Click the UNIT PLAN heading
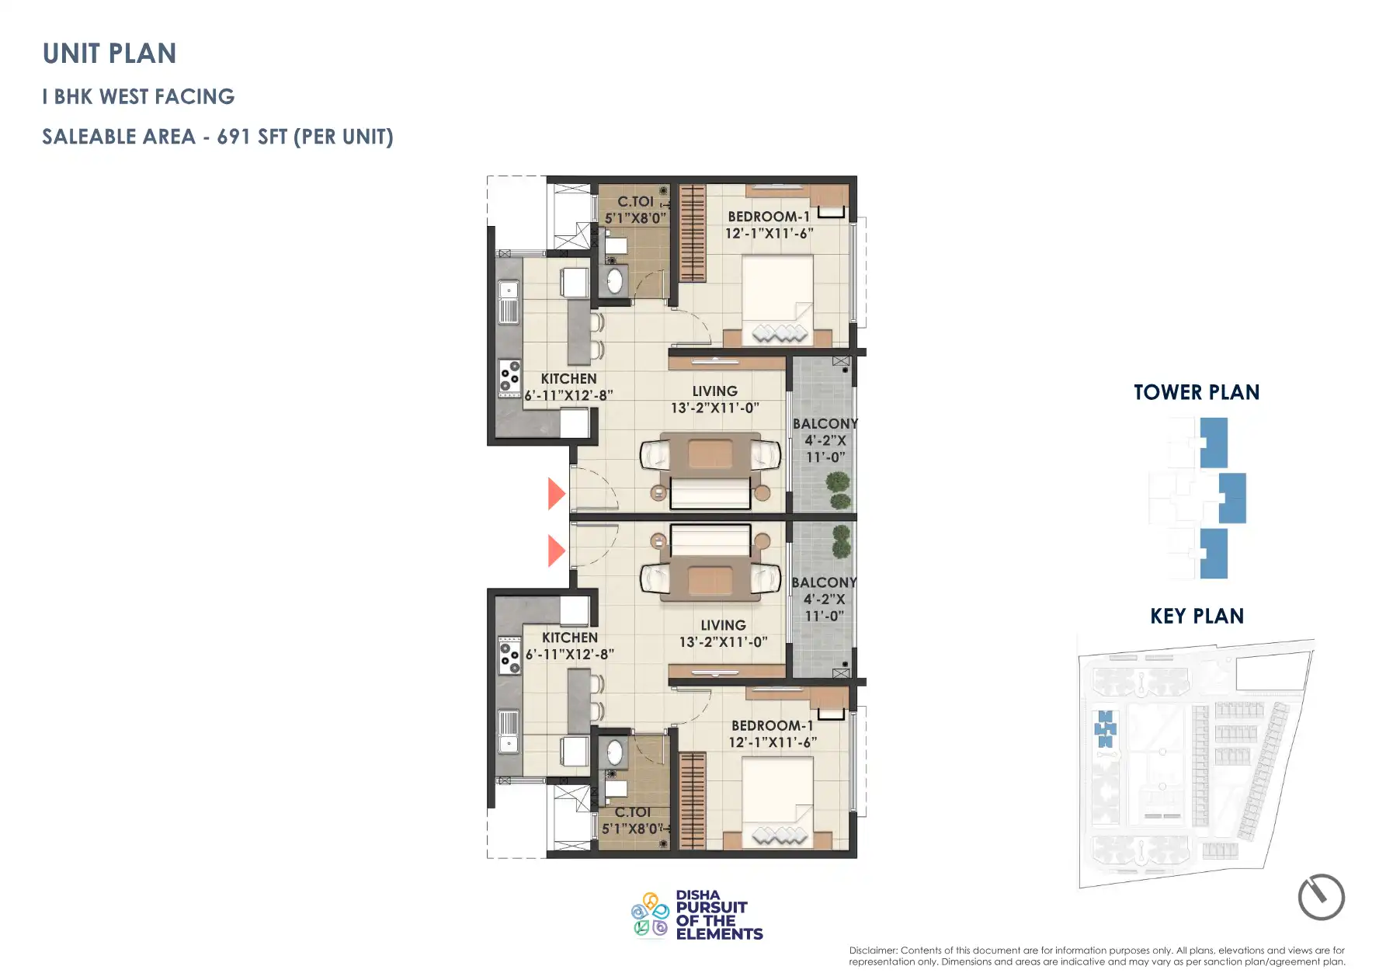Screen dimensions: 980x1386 pyautogui.click(x=109, y=54)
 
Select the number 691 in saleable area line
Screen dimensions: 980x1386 pyautogui.click(x=233, y=137)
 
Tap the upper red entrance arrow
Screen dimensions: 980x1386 pyautogui.click(x=555, y=493)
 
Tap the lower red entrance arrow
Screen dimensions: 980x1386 pyautogui.click(x=555, y=551)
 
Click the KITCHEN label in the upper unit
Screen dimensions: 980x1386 pyautogui.click(x=568, y=379)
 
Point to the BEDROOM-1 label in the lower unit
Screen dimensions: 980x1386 pyautogui.click(x=772, y=725)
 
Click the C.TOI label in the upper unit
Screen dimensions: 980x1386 pyautogui.click(x=635, y=202)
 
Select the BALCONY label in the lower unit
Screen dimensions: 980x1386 pyautogui.click(x=824, y=582)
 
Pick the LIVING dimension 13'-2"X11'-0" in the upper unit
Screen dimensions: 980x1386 pyautogui.click(x=714, y=408)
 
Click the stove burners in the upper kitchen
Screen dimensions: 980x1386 pyautogui.click(x=509, y=375)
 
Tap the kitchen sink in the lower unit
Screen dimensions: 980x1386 pyautogui.click(x=509, y=733)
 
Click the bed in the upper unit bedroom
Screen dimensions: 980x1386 pyautogui.click(x=777, y=299)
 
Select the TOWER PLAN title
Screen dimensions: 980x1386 pyautogui.click(x=1196, y=392)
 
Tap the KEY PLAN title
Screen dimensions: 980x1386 pyautogui.click(x=1197, y=617)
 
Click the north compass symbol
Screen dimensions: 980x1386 pyautogui.click(x=1321, y=897)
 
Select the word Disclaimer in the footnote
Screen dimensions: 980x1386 pyautogui.click(x=873, y=950)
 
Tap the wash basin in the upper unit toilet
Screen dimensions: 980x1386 pyautogui.click(x=614, y=280)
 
